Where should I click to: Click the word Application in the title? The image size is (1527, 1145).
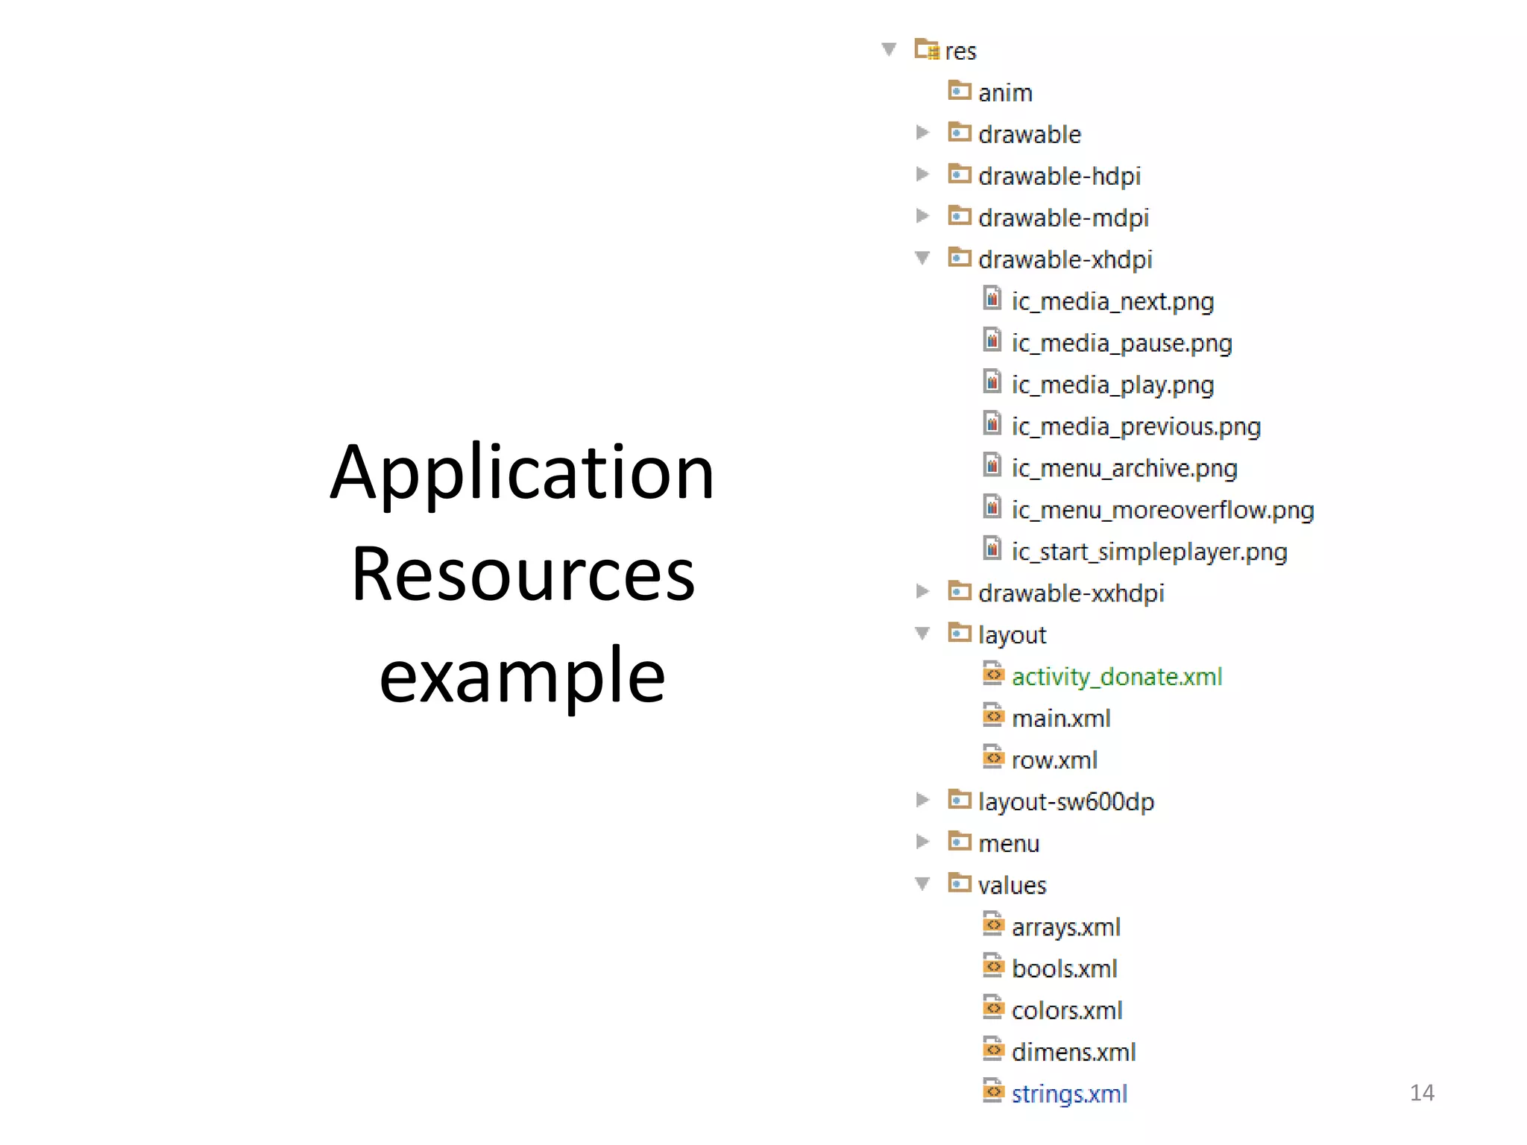point(522,474)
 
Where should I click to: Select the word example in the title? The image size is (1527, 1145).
point(522,676)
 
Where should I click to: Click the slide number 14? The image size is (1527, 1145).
point(1422,1093)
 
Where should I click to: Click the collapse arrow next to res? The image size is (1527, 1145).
point(889,49)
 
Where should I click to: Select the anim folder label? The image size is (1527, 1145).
point(1005,93)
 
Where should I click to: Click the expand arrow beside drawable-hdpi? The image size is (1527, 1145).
point(922,174)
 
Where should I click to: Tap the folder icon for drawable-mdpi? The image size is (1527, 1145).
point(959,216)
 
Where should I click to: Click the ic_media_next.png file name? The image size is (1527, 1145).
point(1112,302)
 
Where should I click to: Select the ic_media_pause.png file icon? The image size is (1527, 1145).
point(992,341)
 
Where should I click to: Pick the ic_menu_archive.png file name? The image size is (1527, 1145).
point(1124,469)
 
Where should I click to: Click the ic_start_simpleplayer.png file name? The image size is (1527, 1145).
point(1149,552)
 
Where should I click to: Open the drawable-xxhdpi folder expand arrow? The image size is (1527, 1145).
point(922,592)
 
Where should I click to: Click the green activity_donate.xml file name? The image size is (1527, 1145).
point(1117,677)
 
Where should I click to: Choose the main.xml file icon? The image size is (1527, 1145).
point(992,716)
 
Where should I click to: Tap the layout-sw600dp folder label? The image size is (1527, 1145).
point(1066,802)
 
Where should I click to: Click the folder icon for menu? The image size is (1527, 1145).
point(959,842)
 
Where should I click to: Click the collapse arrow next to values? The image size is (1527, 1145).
point(922,884)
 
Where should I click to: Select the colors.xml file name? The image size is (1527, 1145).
point(1067,1011)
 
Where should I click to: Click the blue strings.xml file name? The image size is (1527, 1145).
point(1069,1094)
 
